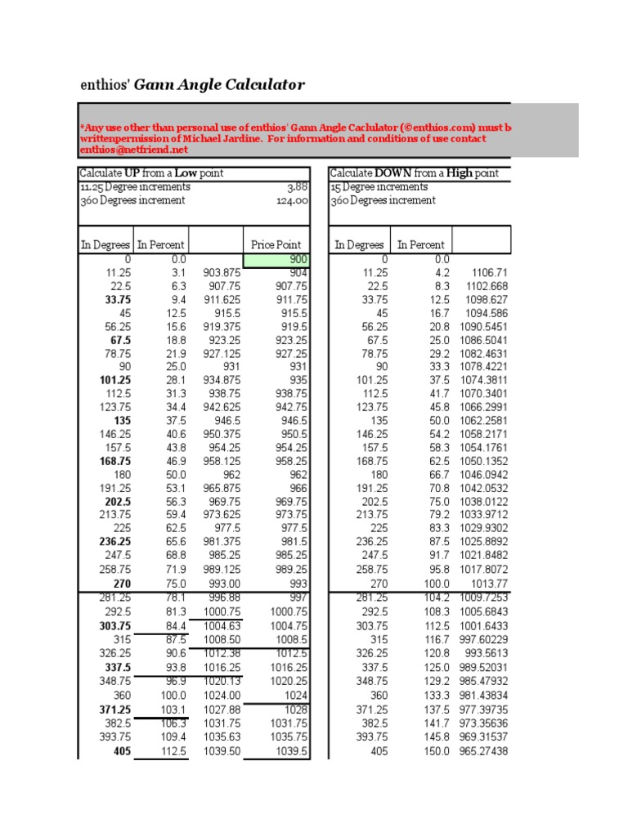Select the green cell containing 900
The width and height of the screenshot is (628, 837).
point(277,259)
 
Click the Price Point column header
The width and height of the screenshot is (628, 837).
point(276,244)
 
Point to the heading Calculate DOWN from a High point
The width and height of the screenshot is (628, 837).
point(415,173)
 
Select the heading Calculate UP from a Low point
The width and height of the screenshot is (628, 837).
point(151,173)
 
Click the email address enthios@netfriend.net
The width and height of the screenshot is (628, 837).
point(134,150)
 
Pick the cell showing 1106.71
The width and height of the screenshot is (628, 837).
point(490,272)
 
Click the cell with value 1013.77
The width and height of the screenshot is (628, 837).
point(490,584)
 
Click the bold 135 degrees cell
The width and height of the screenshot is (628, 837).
point(121,421)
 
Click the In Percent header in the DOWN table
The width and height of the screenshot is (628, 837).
point(421,244)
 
